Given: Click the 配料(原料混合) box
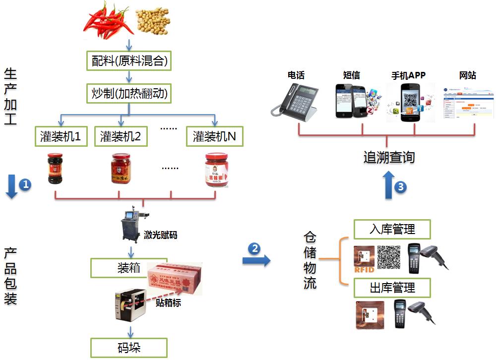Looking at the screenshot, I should (x=129, y=61).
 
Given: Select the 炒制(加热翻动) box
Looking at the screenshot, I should (x=129, y=93).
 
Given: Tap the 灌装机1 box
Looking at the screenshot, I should (x=61, y=136).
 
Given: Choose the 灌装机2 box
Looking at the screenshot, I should (x=121, y=136).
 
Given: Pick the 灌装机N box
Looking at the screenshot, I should (x=215, y=136).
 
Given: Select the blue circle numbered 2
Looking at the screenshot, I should (x=255, y=248).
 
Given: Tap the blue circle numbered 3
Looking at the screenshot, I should (x=401, y=187).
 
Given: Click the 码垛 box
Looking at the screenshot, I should (x=129, y=347).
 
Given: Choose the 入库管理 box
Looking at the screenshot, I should (x=392, y=230).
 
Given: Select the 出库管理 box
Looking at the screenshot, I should (x=392, y=288).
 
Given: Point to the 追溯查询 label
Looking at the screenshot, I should (x=388, y=158).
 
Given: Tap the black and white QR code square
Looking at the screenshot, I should (x=389, y=257).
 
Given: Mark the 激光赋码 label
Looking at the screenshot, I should (x=160, y=235).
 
